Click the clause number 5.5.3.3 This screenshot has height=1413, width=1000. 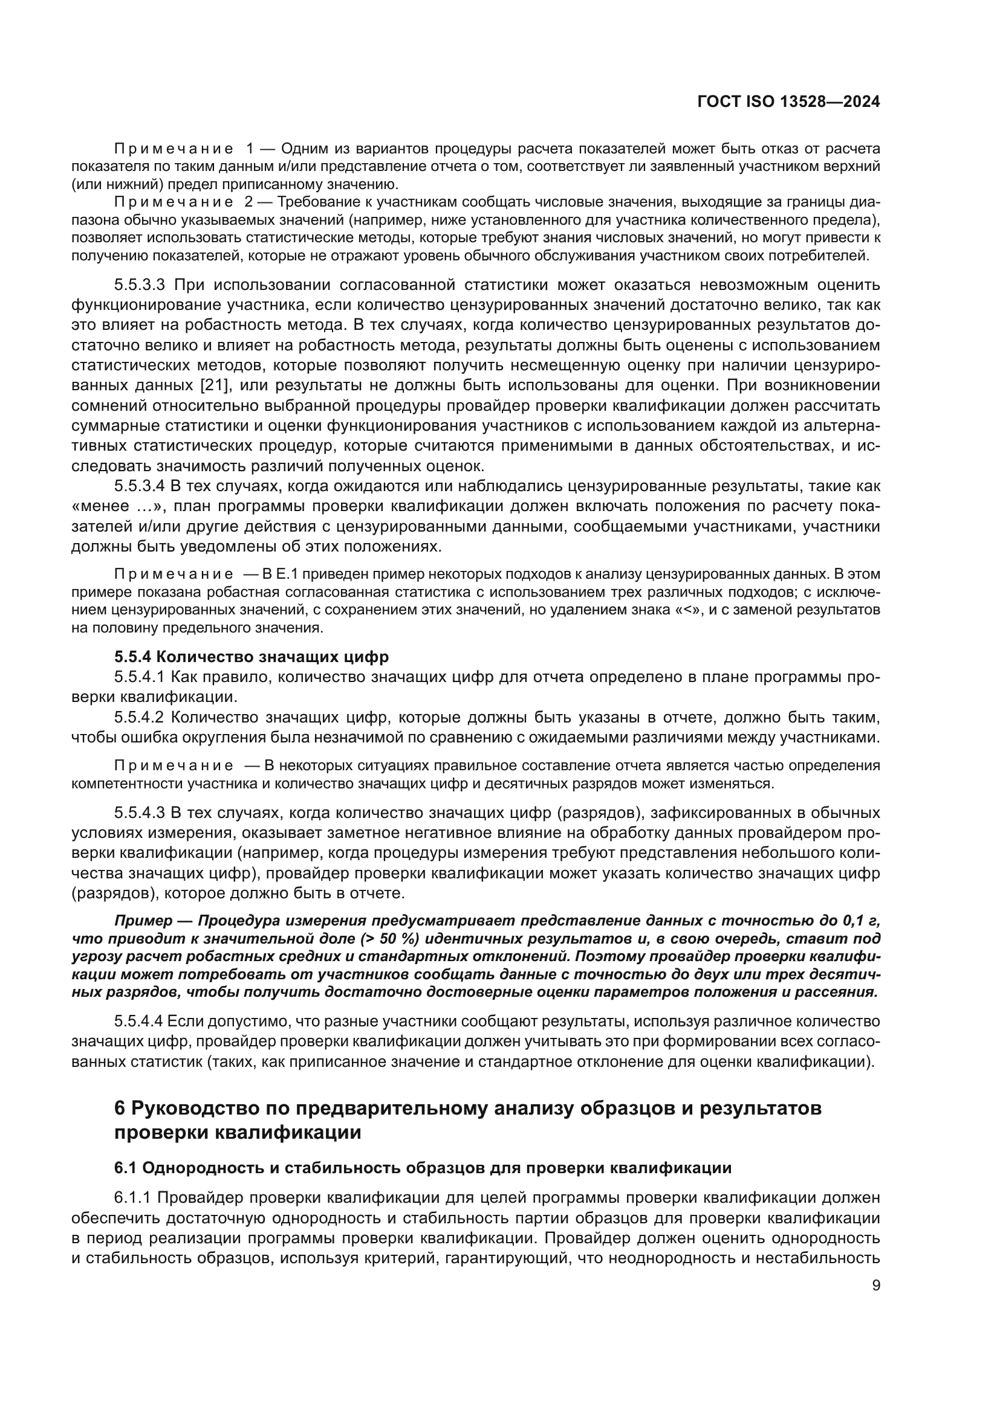pyautogui.click(x=140, y=285)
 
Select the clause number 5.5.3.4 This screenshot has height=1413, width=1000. pyautogui.click(x=140, y=486)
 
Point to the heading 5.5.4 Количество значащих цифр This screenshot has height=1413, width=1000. pyautogui.click(x=252, y=657)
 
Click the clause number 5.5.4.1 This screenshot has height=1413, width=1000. pyautogui.click(x=140, y=678)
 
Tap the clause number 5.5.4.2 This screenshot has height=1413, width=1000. pyautogui.click(x=140, y=718)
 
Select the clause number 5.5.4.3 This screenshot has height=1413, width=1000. pyautogui.click(x=140, y=813)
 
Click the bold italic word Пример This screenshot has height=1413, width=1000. pyautogui.click(x=143, y=921)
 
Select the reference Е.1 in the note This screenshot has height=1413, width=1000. pyautogui.click(x=290, y=575)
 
